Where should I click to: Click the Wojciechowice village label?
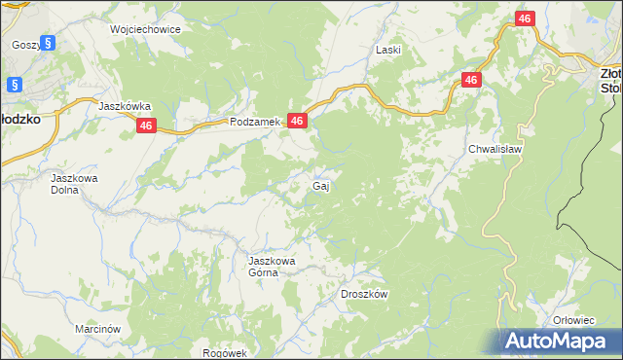[145, 29]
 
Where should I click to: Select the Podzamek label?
[255, 122]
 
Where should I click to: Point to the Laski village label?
[389, 49]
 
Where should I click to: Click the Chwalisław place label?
[495, 150]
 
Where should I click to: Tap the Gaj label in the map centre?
[319, 185]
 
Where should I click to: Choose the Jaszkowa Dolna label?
[75, 185]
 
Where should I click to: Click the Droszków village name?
[365, 294]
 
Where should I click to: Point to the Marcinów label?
[97, 329]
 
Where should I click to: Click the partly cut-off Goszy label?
[24, 45]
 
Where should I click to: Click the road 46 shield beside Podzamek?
[299, 121]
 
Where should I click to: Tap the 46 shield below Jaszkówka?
[146, 126]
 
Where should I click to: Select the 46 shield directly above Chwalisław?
[471, 81]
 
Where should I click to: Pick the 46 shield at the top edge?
[524, 18]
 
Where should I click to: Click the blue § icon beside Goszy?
[50, 44]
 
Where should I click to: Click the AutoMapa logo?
[558, 341]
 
